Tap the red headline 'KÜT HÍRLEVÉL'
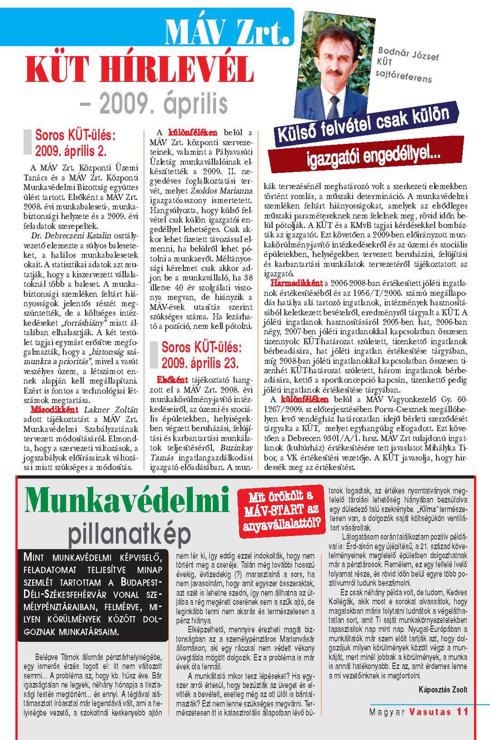pyautogui.click(x=139, y=70)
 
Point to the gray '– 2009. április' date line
pyautogui.click(x=154, y=104)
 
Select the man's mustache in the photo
pyautogui.click(x=334, y=72)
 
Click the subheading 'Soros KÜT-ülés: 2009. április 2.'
pyautogui.click(x=75, y=143)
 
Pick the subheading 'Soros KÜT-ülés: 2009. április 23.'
pyautogui.click(x=201, y=355)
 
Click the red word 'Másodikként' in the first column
pyautogui.click(x=55, y=410)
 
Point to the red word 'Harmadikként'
pyautogui.click(x=297, y=283)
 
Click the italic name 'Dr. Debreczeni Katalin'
pyautogui.click(x=71, y=236)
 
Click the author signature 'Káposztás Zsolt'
pyautogui.click(x=443, y=689)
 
